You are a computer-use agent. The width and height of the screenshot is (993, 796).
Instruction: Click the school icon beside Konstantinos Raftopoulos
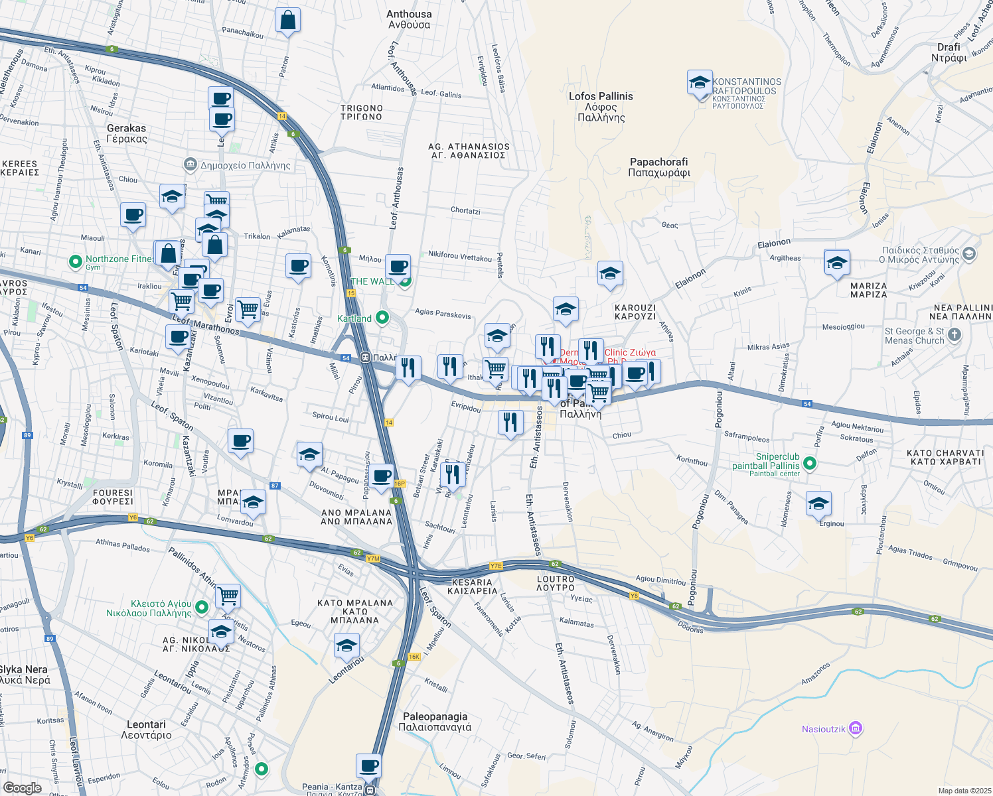700,83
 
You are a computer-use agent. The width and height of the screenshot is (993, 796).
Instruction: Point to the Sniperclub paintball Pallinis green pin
809,463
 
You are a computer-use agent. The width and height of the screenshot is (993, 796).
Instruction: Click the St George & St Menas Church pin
954,335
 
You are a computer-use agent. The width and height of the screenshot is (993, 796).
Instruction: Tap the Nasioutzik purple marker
856,729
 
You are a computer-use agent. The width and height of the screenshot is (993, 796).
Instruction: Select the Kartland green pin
382,318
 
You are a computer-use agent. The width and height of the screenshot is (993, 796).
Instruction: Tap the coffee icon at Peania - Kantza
369,766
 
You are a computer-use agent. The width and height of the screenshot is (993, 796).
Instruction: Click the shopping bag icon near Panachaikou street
288,21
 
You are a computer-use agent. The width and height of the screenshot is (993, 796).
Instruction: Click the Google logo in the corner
22,787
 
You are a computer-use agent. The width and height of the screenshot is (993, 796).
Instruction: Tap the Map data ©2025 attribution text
964,791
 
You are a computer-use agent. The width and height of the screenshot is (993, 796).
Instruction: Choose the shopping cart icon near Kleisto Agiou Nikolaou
228,595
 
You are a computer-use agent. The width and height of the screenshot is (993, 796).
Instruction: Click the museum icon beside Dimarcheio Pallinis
190,164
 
